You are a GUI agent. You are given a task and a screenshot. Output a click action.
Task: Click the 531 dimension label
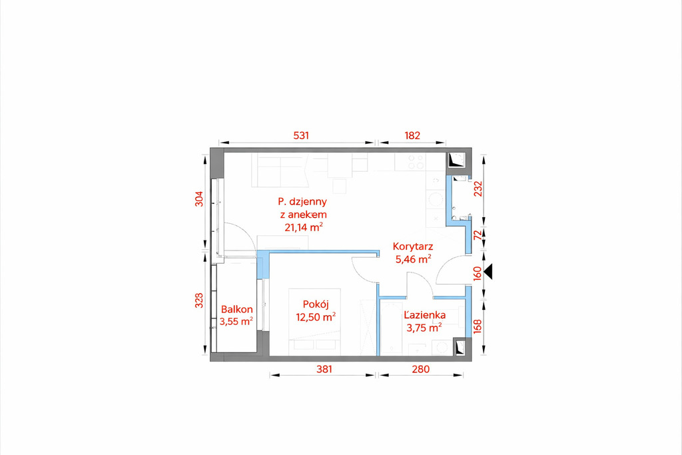coord(301,135)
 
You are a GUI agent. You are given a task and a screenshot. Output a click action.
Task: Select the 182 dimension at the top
coord(412,135)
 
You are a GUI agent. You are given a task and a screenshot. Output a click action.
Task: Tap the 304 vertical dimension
coord(198,199)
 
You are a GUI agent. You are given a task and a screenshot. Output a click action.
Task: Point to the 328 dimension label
coord(198,300)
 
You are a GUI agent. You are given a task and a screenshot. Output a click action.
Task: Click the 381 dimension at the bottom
coord(324,369)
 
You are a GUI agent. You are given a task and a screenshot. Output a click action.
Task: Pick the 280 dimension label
coord(421,369)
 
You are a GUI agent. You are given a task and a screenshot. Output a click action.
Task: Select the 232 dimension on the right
coord(478,189)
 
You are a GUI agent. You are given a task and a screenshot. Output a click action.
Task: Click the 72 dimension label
coord(478,235)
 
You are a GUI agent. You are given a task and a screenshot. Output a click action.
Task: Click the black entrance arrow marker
coord(488,271)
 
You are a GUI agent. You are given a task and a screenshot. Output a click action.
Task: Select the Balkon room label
coord(236,309)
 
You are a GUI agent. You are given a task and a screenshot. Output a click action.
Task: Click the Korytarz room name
coord(413,246)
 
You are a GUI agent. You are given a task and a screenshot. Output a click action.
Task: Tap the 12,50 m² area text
coord(316,316)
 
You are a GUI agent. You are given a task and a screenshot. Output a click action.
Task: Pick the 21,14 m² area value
coord(304,227)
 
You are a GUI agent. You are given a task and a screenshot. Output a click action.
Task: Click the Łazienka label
coord(424,315)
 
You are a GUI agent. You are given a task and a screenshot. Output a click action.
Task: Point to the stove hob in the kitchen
coord(415,162)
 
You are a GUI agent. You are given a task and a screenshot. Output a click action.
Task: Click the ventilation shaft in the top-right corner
coord(458,160)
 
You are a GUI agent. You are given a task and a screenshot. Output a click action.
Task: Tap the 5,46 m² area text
coord(413,260)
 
